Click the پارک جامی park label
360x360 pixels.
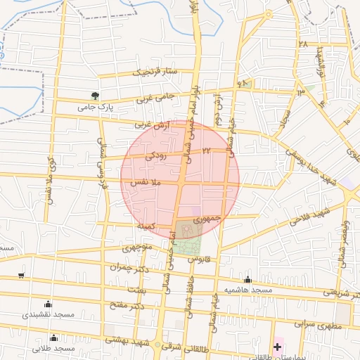[96, 107]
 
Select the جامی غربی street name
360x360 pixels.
[153, 97]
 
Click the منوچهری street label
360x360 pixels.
[127, 247]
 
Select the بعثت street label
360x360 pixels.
[138, 289]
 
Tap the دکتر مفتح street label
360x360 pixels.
[127, 306]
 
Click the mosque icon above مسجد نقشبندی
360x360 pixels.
[48, 304]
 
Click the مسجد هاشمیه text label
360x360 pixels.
[247, 290]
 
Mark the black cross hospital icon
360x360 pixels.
[278, 347]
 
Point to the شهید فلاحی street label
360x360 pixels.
[314, 214]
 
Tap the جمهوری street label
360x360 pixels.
[207, 219]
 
